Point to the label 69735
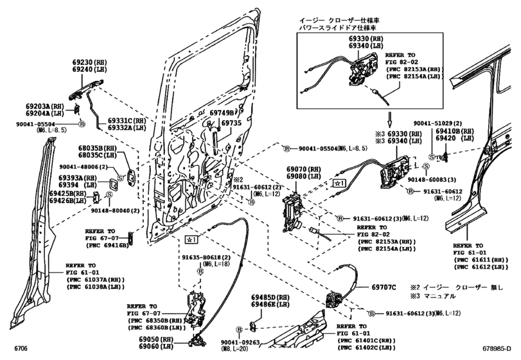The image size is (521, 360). click(231, 122)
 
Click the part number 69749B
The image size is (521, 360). click(223, 113)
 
